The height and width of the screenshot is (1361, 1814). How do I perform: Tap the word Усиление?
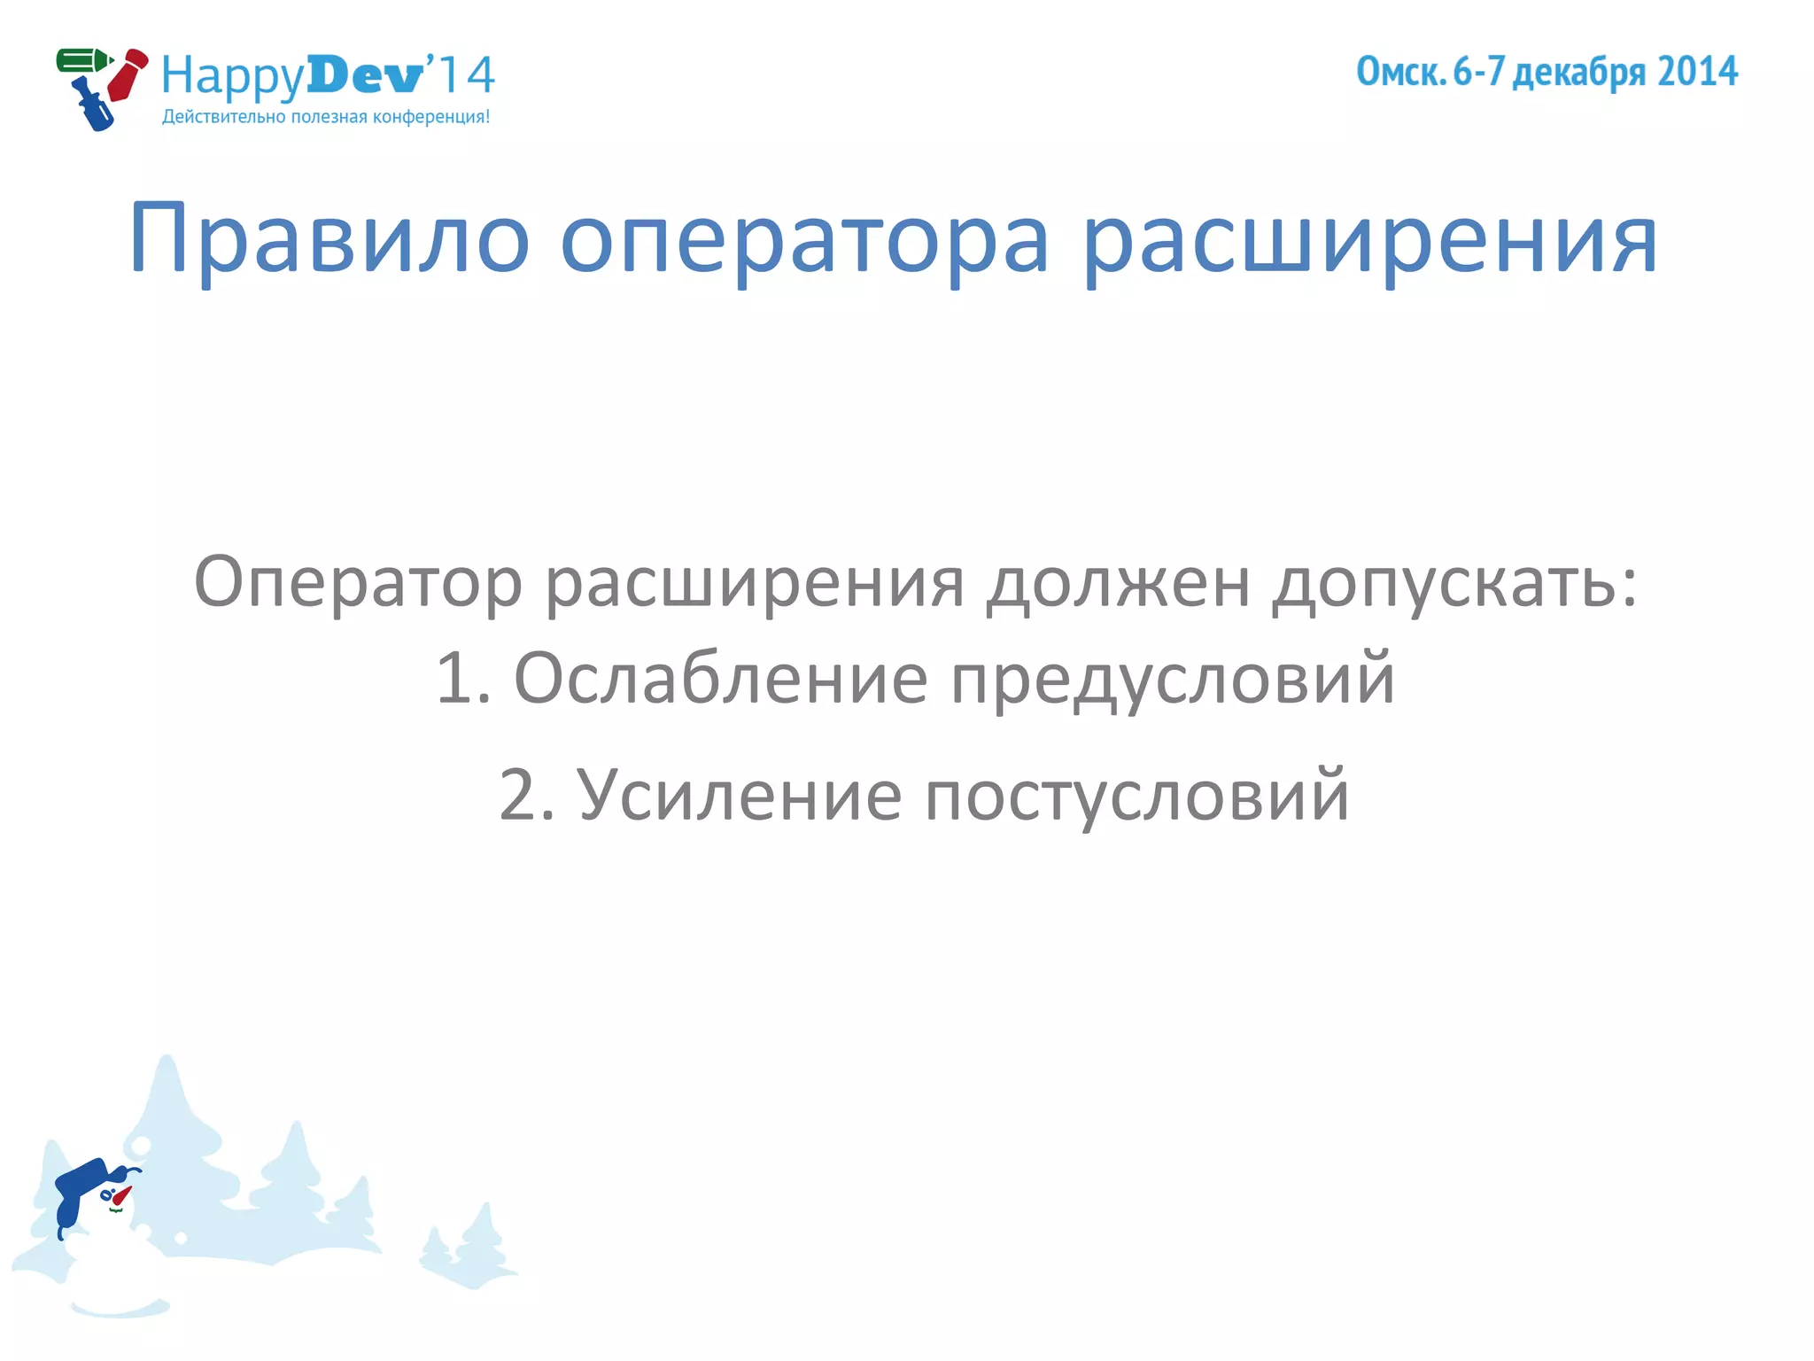point(740,795)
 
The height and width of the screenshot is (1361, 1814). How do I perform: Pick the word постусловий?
point(1136,795)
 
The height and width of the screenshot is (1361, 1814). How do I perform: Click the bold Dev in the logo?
point(365,75)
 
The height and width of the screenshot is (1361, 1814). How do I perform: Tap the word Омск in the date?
point(1400,72)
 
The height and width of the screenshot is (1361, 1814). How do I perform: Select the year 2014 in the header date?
point(1697,72)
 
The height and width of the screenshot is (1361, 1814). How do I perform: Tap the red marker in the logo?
point(128,74)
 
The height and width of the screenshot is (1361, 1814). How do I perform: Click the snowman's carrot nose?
point(121,1195)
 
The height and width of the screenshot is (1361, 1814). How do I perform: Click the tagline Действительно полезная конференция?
point(325,117)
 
